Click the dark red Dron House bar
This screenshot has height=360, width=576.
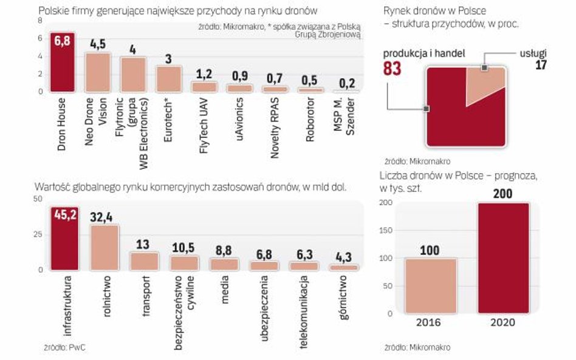click(62, 63)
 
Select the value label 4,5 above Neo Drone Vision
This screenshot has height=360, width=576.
click(98, 44)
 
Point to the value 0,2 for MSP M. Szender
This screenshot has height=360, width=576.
click(347, 83)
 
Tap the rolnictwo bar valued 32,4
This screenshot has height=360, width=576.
click(104, 248)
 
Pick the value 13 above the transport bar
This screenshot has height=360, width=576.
click(145, 244)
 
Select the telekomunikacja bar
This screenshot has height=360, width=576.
click(303, 266)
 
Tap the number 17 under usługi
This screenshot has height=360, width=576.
click(540, 65)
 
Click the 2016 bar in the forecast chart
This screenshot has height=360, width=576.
click(430, 285)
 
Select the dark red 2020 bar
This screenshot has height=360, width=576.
click(503, 258)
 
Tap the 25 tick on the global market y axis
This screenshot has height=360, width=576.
click(38, 234)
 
